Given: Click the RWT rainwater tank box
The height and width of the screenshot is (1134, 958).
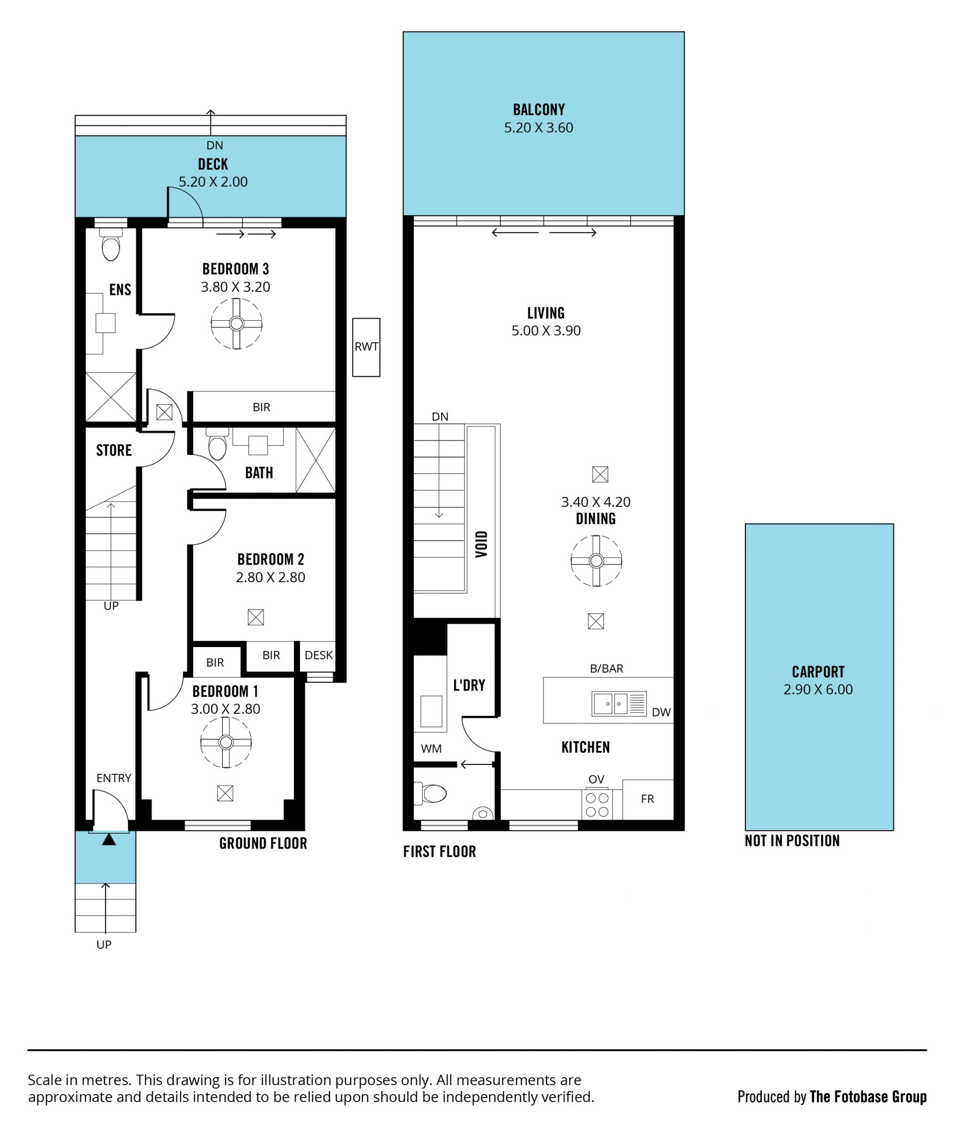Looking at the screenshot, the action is [x=366, y=347].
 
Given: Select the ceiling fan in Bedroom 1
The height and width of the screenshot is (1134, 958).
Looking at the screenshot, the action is [x=226, y=742].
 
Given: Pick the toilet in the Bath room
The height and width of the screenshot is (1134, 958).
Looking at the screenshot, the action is [x=217, y=444].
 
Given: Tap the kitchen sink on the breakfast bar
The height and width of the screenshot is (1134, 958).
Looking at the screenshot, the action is [x=619, y=704].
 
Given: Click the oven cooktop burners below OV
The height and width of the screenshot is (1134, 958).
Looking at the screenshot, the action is [x=597, y=805].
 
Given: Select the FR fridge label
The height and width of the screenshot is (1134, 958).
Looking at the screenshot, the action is [x=647, y=799].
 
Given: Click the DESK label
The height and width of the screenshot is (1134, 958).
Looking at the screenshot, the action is [x=319, y=655].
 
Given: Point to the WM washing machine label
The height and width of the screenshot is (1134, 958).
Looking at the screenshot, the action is [x=431, y=748].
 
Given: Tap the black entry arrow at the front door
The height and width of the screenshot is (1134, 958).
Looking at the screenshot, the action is [x=109, y=840].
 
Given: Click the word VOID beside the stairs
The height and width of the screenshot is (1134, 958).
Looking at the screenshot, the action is [x=481, y=544].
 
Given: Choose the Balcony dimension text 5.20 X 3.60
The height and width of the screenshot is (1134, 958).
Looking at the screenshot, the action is [x=538, y=128].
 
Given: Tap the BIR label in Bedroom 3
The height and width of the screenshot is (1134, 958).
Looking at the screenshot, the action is [x=261, y=407].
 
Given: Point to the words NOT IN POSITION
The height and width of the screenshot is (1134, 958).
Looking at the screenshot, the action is [x=792, y=841].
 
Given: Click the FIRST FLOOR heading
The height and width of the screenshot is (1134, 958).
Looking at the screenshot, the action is [x=440, y=852].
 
